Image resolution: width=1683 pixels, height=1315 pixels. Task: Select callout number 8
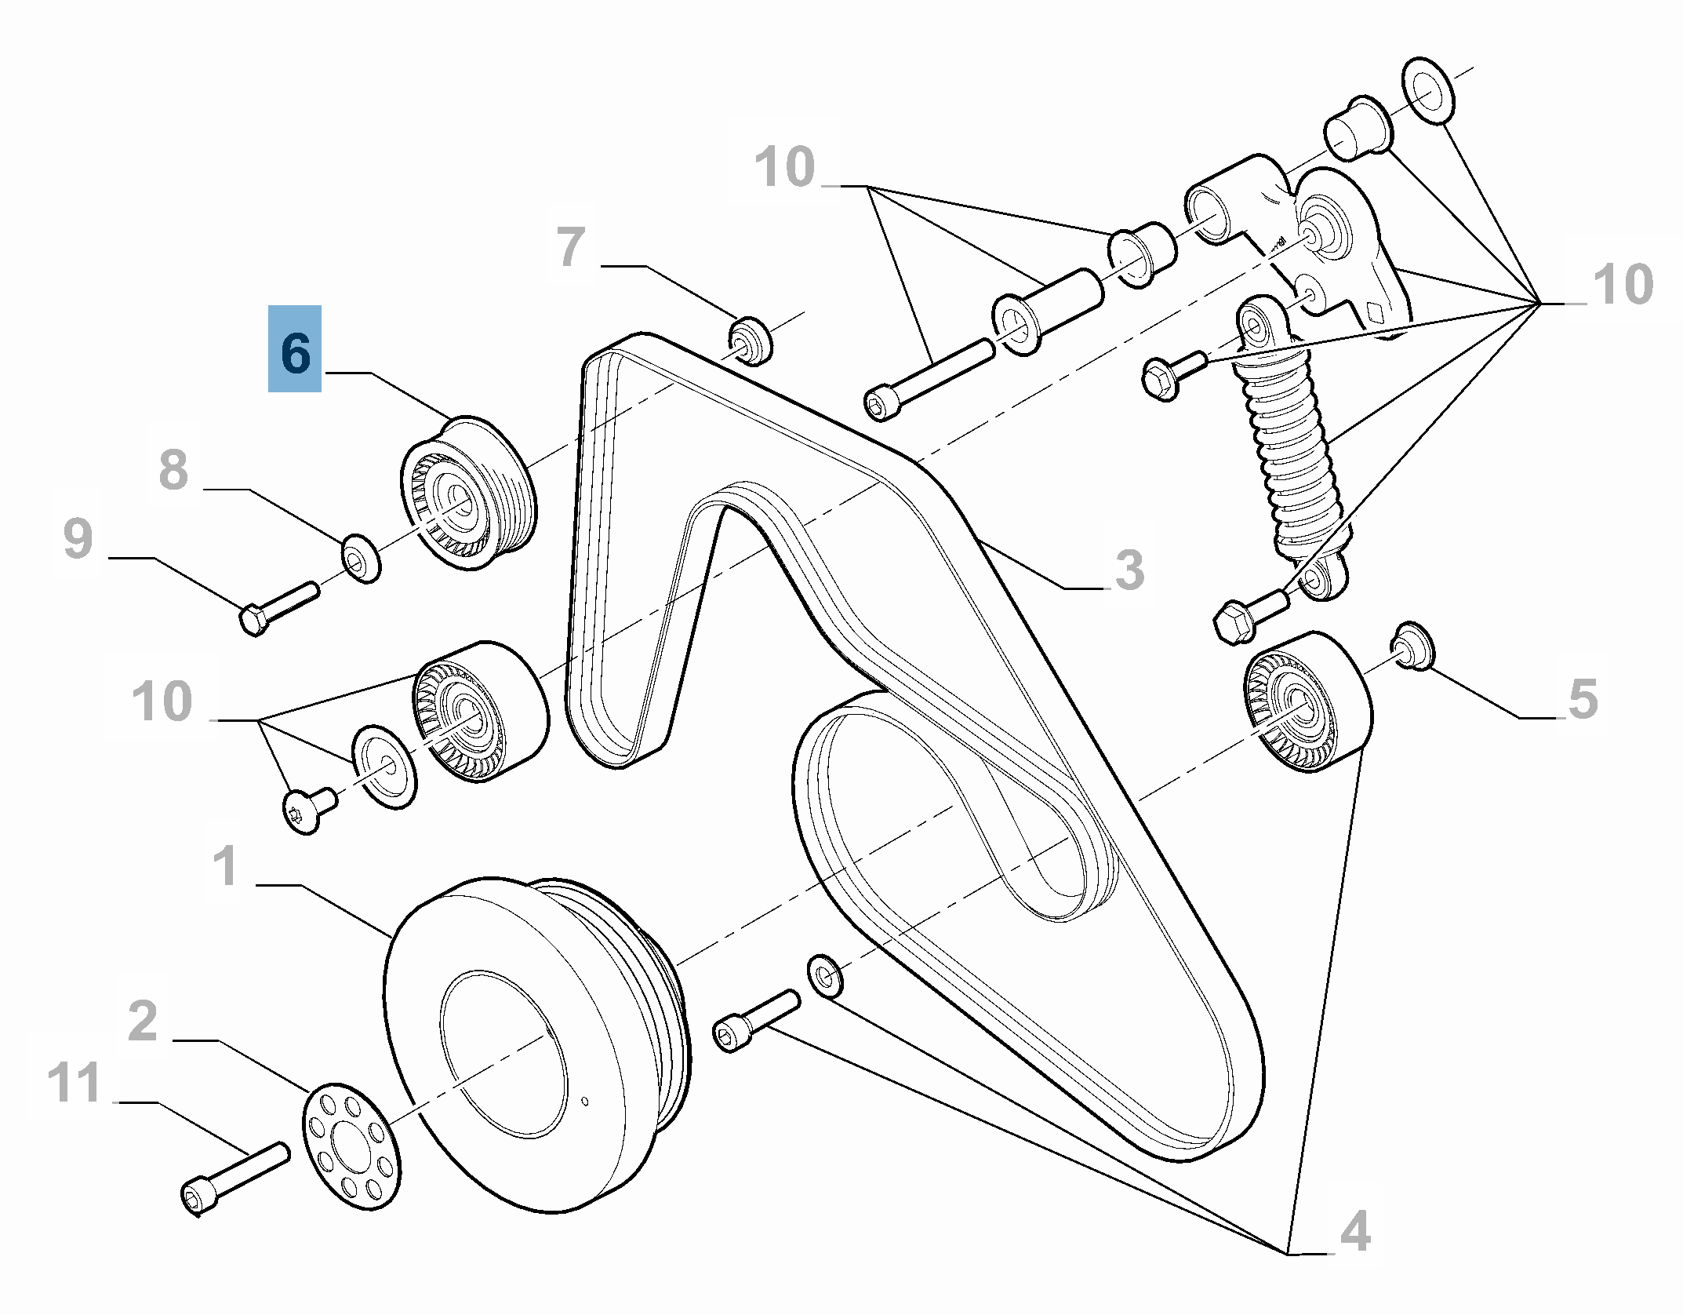[x=173, y=470]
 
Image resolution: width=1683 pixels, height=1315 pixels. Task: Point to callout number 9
[x=78, y=539]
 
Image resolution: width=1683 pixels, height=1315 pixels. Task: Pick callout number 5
[x=1583, y=698]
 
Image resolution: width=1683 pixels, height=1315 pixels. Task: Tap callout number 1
[x=227, y=865]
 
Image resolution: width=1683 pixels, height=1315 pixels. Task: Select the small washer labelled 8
[x=361, y=558]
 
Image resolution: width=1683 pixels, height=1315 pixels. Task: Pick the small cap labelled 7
[x=751, y=341]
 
